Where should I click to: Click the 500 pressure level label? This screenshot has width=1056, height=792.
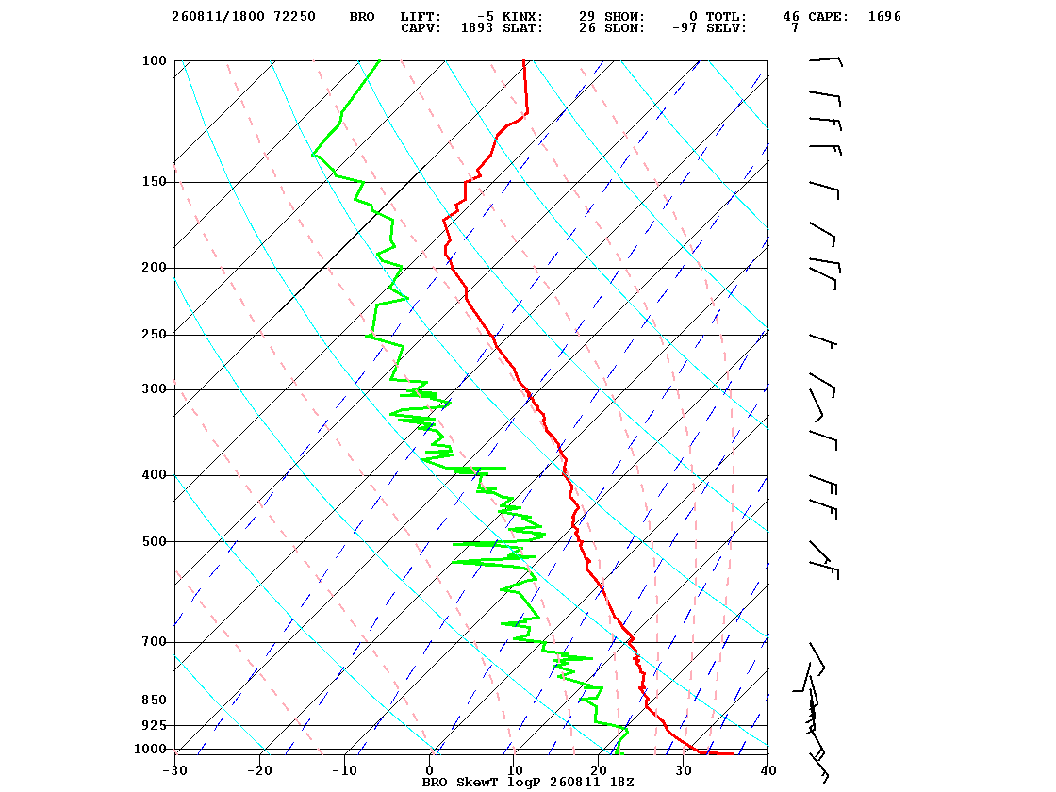(155, 541)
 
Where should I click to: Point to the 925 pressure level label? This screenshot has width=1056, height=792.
(155, 725)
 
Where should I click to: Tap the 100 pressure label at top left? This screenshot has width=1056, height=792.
(155, 60)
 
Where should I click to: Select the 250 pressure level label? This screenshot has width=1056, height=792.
(155, 335)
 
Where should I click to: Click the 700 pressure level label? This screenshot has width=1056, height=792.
(155, 642)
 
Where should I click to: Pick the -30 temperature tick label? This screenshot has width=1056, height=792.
(174, 770)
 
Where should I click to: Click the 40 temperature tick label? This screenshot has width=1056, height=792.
(768, 770)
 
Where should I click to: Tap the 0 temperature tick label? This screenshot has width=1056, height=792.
(430, 770)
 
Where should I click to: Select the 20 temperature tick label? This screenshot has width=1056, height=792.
(599, 770)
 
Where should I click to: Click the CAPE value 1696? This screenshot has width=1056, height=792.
(884, 17)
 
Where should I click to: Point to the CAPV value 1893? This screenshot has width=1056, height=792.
(477, 28)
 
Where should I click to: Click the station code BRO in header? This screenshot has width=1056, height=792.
(362, 17)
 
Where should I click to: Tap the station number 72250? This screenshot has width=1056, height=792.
(294, 17)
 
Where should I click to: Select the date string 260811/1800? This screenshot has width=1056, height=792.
(218, 17)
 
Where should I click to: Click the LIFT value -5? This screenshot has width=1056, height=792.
(485, 17)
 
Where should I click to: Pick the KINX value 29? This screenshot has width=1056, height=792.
(586, 17)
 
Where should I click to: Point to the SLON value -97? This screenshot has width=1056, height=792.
(685, 28)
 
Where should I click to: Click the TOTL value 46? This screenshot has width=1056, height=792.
(791, 17)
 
